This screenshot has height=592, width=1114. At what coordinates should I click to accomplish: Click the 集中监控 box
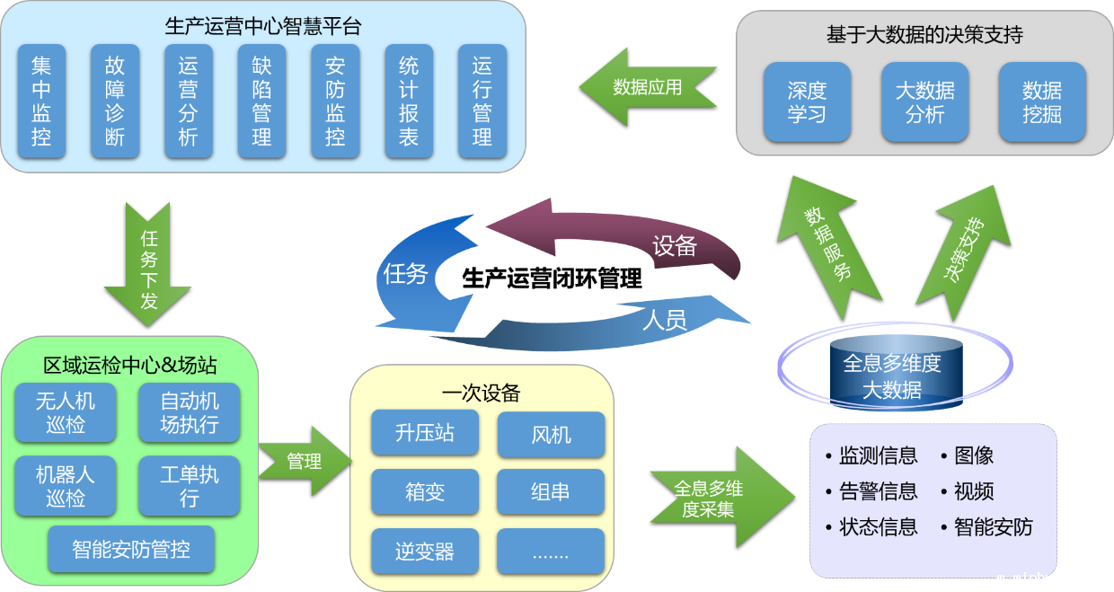point(41,101)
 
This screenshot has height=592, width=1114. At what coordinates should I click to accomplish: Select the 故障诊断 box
point(115,101)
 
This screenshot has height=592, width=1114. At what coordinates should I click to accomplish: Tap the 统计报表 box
point(409,101)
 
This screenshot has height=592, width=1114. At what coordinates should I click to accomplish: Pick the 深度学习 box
point(807,102)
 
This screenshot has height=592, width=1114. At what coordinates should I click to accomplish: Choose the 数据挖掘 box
point(1042,102)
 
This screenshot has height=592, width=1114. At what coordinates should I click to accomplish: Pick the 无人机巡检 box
point(66,412)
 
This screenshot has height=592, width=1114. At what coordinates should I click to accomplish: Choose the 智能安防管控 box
point(131,549)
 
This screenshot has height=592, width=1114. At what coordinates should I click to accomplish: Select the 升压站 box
point(425,433)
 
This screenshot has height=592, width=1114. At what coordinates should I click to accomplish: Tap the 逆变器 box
point(425,552)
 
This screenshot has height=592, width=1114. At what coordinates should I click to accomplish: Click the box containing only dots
point(551,552)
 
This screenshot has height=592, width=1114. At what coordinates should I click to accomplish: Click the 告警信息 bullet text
point(878,491)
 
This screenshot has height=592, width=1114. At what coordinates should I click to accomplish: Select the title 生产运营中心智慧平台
point(263,26)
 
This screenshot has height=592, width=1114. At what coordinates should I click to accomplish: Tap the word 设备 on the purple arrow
point(675,245)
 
